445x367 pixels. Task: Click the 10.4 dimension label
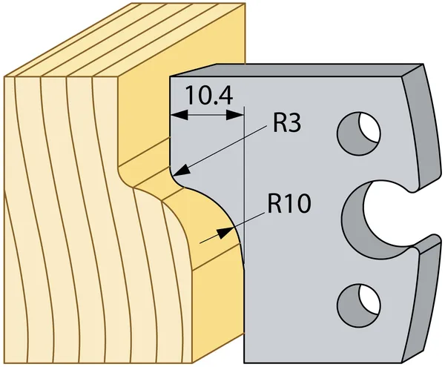click(209, 96)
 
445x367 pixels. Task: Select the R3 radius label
click(286, 123)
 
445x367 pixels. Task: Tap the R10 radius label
click(289, 203)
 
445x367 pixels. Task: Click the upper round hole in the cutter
click(359, 133)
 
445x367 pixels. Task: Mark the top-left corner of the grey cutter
click(170, 76)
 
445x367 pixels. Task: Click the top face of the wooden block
click(125, 40)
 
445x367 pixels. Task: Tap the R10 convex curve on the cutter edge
click(221, 210)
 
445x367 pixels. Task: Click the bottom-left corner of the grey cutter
click(244, 363)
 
